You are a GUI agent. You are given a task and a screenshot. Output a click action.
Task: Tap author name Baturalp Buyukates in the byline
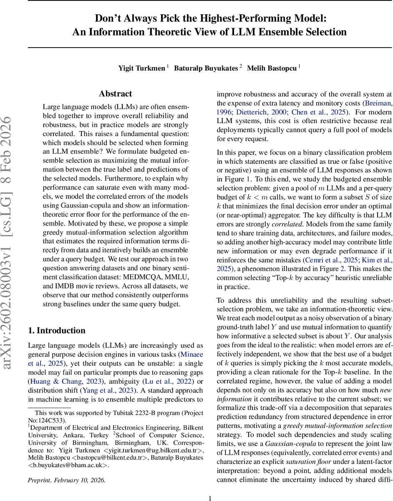click(206, 68)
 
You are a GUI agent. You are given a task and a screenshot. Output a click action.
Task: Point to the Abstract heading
click(116, 94)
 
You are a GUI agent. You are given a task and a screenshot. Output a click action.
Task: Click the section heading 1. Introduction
click(56, 319)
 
